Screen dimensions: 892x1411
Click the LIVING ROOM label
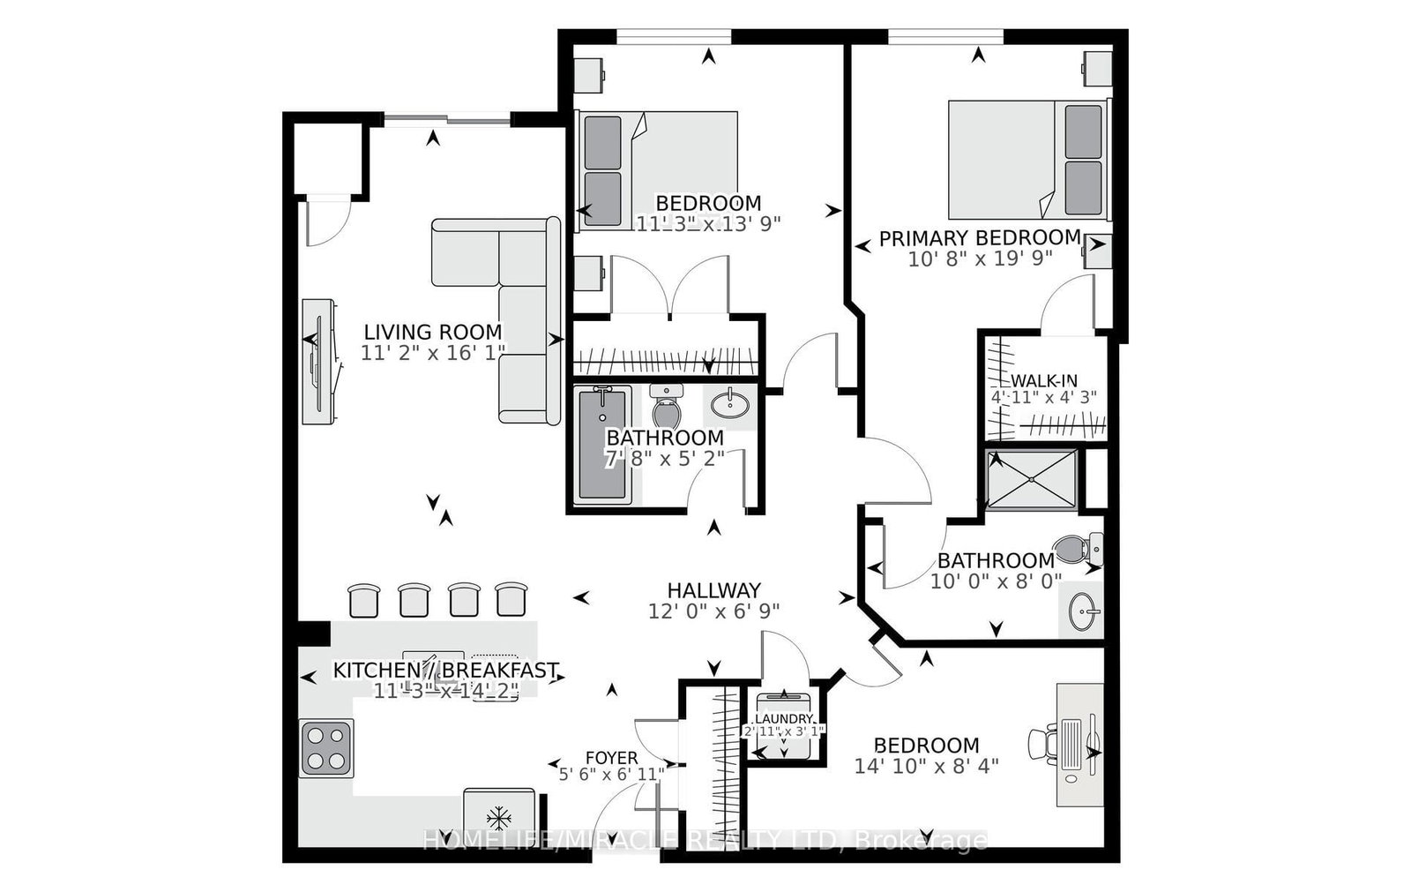click(433, 333)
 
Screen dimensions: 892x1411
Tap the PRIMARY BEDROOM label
click(979, 237)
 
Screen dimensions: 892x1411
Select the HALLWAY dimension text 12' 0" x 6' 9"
click(713, 610)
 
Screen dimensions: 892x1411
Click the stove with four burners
click(326, 747)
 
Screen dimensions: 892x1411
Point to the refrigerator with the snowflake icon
click(499, 817)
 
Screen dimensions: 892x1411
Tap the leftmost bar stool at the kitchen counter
click(363, 600)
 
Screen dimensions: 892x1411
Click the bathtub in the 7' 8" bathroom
click(603, 446)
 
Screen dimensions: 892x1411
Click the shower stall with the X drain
click(1031, 479)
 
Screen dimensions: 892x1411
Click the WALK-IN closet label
click(1043, 380)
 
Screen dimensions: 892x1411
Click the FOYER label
click(611, 758)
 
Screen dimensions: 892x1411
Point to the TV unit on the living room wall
click(318, 362)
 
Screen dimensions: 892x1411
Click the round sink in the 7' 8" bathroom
click(731, 406)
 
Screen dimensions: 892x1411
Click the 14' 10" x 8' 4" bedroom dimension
click(926, 765)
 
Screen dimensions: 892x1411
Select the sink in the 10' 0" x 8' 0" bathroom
click(1082, 609)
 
